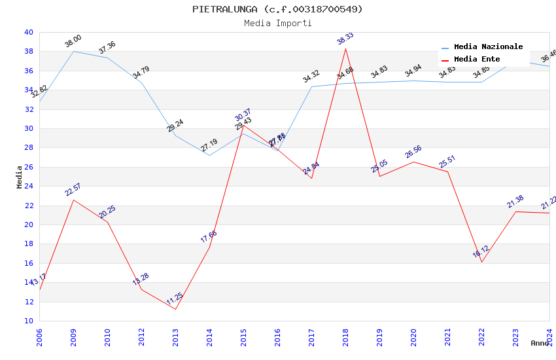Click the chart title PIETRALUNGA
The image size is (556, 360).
[277, 9]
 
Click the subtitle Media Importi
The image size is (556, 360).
[277, 24]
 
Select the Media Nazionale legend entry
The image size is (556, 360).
[488, 47]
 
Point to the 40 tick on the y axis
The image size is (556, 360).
[28, 32]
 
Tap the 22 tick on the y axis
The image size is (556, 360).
[28, 206]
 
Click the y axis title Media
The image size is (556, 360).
[20, 177]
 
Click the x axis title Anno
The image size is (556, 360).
[540, 343]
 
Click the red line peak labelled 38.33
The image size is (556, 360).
[345, 48]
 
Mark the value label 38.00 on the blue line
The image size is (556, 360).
[73, 42]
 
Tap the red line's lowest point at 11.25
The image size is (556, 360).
[175, 309]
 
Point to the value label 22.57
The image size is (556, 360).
[73, 190]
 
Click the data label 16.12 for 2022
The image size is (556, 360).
[481, 253]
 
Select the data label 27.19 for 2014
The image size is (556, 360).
[209, 145]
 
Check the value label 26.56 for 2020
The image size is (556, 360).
[413, 152]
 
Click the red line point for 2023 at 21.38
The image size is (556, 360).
[515, 211]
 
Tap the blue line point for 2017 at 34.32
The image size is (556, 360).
[311, 86]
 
